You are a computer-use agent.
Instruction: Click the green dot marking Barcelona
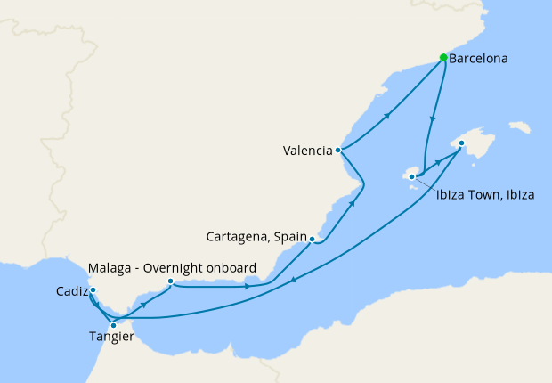point(443,58)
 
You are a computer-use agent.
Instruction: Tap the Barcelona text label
point(479,60)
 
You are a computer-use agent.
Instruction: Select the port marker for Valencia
point(338,150)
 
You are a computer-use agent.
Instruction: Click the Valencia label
point(308,151)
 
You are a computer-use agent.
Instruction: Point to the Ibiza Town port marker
point(411,176)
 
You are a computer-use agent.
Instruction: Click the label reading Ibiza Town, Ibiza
point(485,195)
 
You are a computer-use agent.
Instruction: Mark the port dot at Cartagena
point(312,239)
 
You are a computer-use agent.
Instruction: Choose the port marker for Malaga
point(170,281)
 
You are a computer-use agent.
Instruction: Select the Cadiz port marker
point(93,289)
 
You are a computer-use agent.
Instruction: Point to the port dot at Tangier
point(113,325)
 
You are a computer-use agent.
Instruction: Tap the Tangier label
point(111,337)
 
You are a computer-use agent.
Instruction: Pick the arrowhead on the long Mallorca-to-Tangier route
point(294,277)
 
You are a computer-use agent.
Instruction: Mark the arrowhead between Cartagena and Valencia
point(353,203)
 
